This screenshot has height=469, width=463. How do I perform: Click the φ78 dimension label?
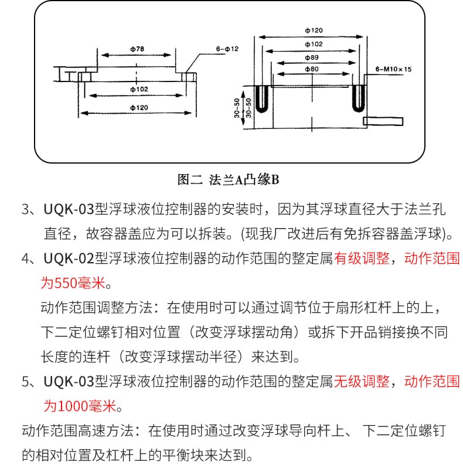coord(136,49)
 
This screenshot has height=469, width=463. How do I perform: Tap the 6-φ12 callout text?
coord(227,49)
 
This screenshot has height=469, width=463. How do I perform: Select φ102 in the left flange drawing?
coord(138,89)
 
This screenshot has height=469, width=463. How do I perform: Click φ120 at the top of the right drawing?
coord(314,29)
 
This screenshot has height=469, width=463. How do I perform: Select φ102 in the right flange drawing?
coord(314,43)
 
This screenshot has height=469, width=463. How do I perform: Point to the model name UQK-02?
coord(69,259)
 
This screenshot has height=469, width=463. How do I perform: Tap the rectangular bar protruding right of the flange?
coord(383,121)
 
